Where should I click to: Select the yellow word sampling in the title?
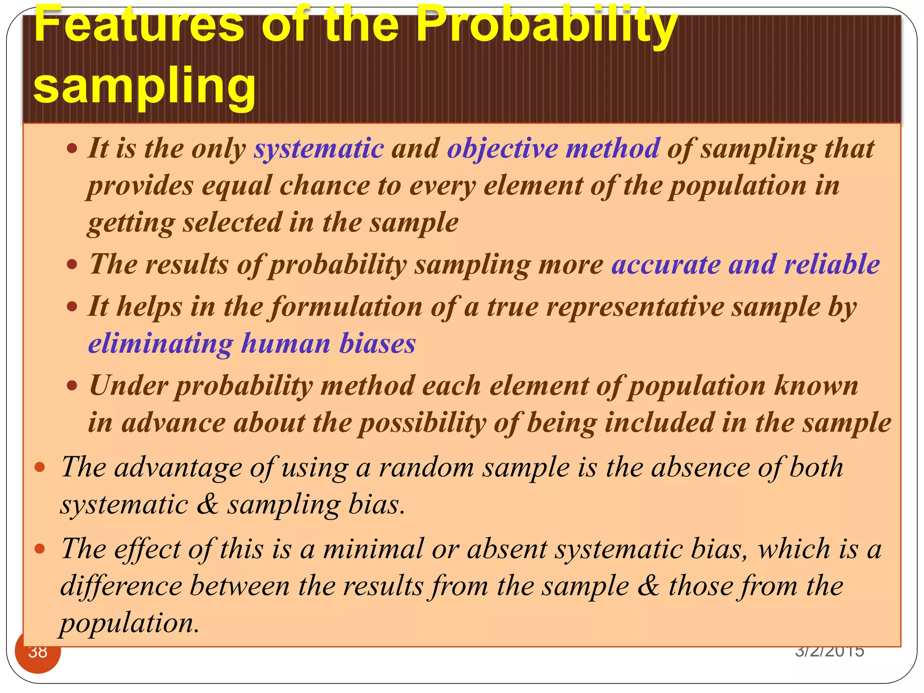click(144, 86)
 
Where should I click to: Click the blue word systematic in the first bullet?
click(319, 148)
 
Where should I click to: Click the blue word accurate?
click(665, 264)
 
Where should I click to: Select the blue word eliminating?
click(161, 344)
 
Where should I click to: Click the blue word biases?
click(377, 344)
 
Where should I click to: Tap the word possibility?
click(422, 423)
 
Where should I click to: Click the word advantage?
click(178, 467)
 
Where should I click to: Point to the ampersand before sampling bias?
click(207, 504)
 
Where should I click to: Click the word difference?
click(121, 586)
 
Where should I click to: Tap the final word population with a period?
click(129, 624)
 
